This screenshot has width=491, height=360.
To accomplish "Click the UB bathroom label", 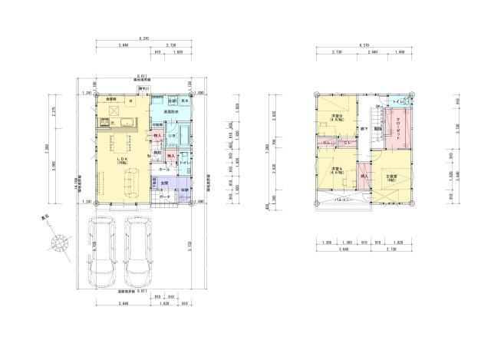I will pyautogui.click(x=173, y=135).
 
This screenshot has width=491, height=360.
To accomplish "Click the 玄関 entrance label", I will pyautogui.click(x=165, y=182).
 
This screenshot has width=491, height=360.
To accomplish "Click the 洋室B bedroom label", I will pyautogui.click(x=336, y=118).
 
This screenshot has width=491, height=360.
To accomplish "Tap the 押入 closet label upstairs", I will pyautogui.click(x=364, y=177).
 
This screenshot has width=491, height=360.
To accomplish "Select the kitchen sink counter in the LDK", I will pyautogui.click(x=115, y=124).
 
